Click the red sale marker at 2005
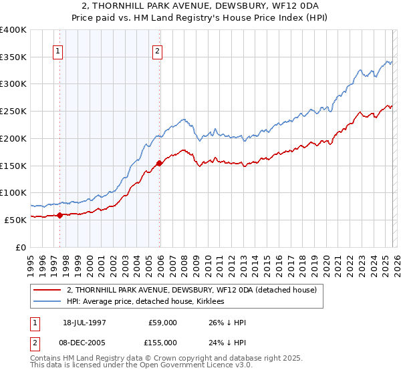(159, 163)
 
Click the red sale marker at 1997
(59, 215)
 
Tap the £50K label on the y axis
(16, 220)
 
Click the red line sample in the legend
(49, 290)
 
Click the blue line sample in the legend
(49, 301)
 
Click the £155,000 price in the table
(163, 342)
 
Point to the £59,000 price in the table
(163, 322)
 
